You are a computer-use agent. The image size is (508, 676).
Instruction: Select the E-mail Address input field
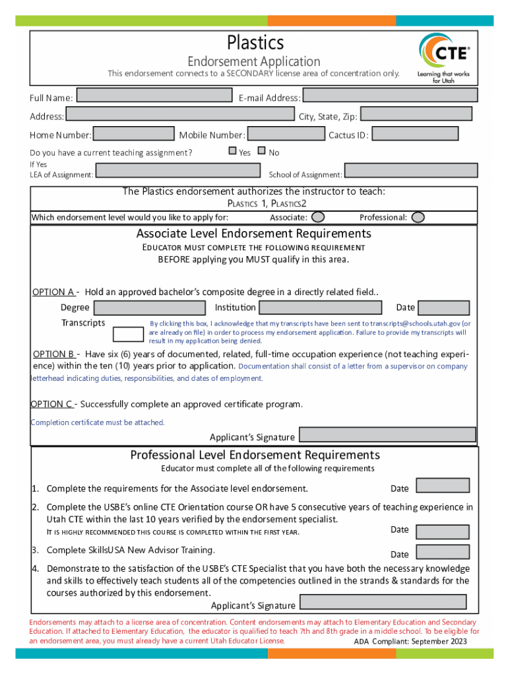(389, 96)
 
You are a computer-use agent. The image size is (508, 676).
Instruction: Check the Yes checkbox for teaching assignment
(232, 151)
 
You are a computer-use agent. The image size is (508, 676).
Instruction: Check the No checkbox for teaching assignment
(261, 151)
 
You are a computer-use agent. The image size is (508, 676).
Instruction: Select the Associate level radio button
(318, 217)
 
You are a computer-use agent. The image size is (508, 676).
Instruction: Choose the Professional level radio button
(418, 217)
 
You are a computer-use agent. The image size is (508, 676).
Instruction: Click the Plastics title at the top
(255, 43)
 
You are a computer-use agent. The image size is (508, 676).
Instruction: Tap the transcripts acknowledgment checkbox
(128, 335)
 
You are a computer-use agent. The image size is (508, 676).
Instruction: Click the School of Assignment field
(410, 171)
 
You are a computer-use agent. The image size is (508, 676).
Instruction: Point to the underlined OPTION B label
(53, 353)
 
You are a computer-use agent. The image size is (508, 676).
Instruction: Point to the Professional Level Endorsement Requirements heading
(255, 455)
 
